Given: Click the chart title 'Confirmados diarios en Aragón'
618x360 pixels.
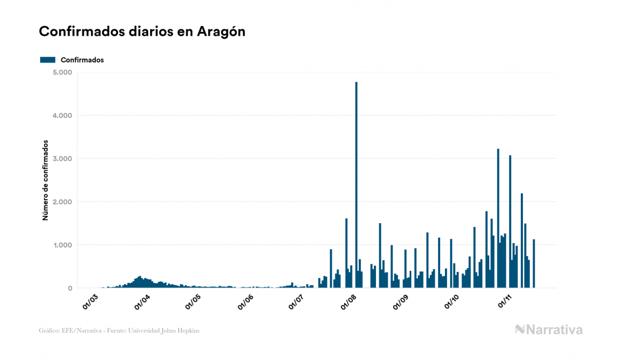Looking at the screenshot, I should (142, 32).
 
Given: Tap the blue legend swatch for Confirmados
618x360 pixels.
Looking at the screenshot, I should (48, 60).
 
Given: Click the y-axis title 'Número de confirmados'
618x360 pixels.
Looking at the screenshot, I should (46, 181).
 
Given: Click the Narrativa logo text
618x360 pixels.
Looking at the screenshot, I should (554, 330).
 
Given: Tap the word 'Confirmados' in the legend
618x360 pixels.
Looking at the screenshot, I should (82, 60).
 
